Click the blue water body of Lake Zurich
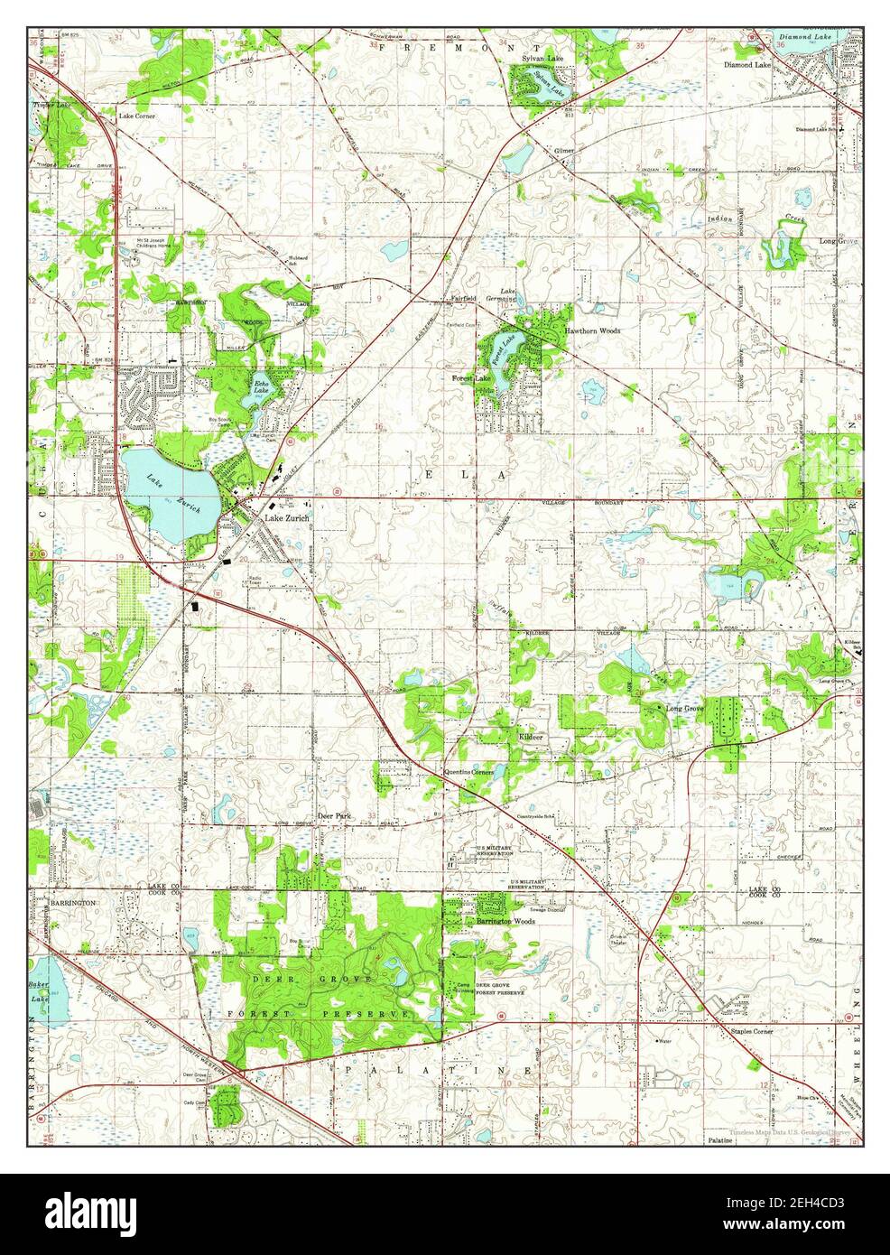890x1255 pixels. [167, 488]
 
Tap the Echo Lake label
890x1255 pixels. [261, 386]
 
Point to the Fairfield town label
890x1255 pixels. [458, 300]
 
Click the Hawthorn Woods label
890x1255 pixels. [593, 331]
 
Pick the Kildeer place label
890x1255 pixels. [531, 738]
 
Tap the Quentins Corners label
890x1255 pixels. [467, 773]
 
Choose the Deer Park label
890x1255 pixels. [333, 815]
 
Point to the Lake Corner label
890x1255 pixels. [134, 117]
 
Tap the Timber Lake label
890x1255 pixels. [51, 106]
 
